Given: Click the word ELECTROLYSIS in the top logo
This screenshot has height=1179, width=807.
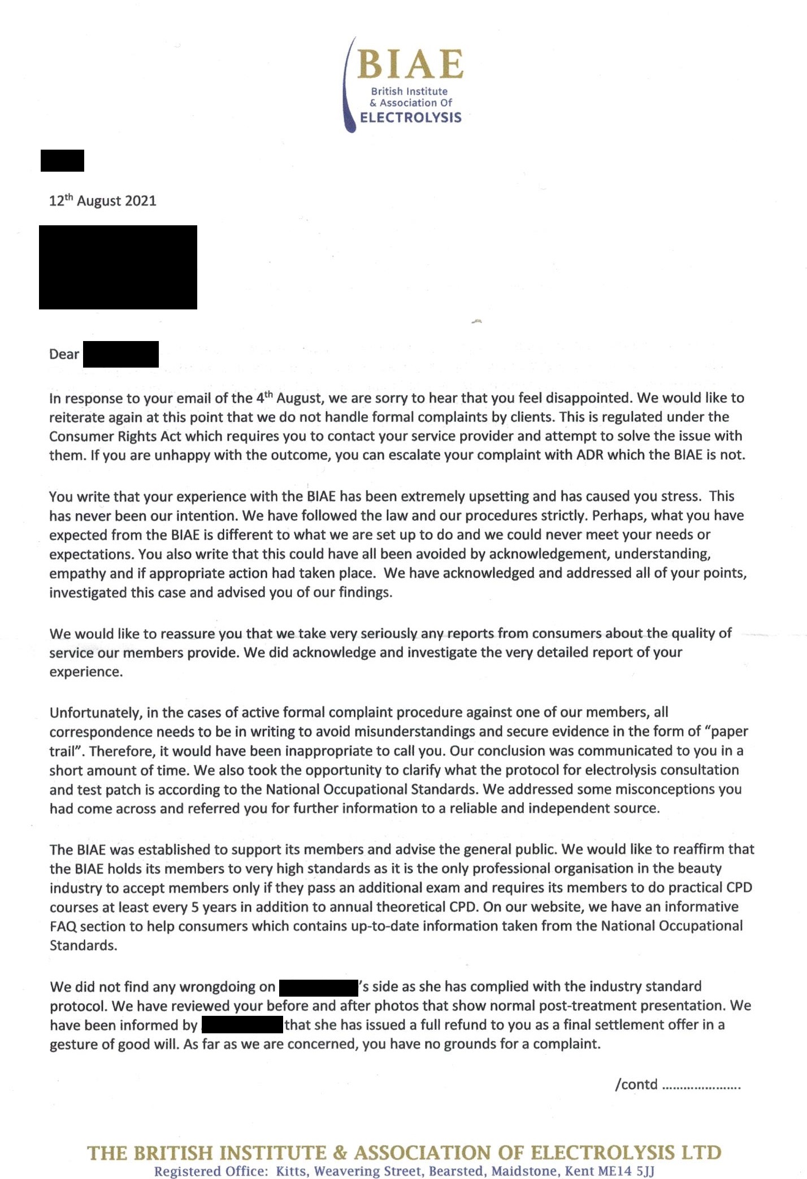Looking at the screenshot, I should click(x=411, y=117).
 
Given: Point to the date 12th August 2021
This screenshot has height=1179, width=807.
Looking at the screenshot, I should click(x=102, y=200).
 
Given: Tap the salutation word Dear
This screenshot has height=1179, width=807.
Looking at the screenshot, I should click(x=64, y=354).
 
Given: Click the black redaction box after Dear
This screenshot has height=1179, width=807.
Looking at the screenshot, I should click(x=120, y=354).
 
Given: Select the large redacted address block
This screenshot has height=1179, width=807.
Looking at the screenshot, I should click(x=118, y=267).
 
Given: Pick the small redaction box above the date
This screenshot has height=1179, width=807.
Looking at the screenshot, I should click(x=62, y=160).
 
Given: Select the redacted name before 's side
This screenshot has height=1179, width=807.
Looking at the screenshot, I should click(x=319, y=987).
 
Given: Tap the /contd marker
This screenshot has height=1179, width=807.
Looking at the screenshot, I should click(x=636, y=1085).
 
